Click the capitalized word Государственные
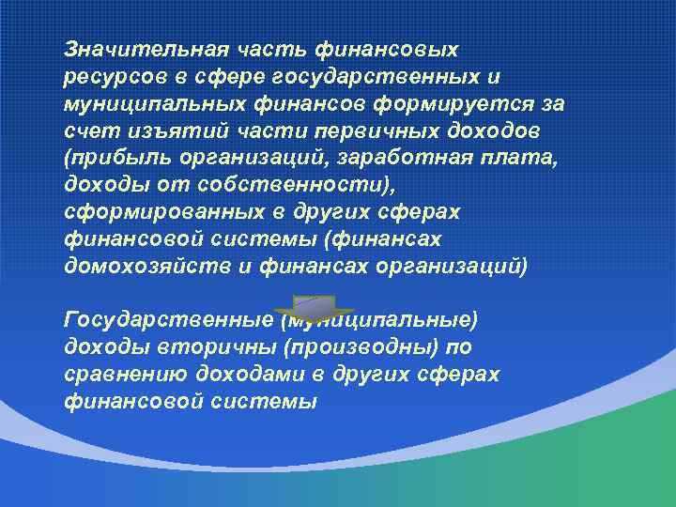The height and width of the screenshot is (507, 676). [x=169, y=320]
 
